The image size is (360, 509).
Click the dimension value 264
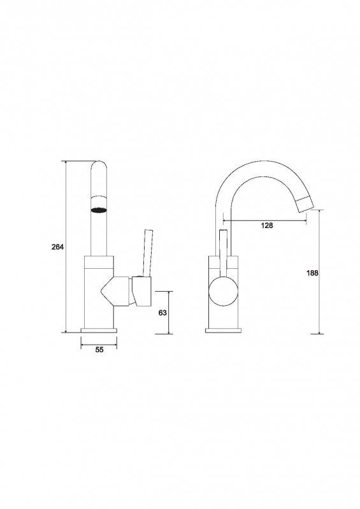pos(58,247)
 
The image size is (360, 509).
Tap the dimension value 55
pos(99,350)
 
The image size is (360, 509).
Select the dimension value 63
pos(162,313)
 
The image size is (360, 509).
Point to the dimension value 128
pos(267,226)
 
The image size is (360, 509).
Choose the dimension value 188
pos(312,273)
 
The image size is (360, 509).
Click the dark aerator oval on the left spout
pos(99,210)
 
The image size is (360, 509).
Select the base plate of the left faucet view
pos(99,331)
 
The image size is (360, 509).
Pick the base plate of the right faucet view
pos(224,331)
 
